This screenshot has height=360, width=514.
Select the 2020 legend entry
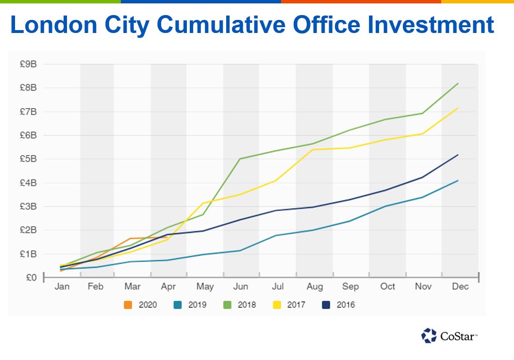(x=141, y=305)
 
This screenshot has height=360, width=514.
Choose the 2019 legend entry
(x=190, y=305)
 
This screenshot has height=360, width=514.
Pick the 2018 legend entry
(x=240, y=305)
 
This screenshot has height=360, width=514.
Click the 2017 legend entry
(x=290, y=305)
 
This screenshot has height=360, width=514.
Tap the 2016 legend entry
(x=339, y=305)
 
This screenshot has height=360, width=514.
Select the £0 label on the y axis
(x=31, y=278)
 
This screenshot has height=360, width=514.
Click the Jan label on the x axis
(x=62, y=287)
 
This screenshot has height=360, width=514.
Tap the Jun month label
(x=241, y=287)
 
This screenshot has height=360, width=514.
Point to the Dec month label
(x=460, y=287)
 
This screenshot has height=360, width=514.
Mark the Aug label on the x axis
(x=315, y=287)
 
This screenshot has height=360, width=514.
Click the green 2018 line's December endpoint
(x=458, y=83)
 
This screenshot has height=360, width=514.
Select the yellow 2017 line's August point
(x=313, y=149)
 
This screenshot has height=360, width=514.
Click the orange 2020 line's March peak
(x=131, y=238)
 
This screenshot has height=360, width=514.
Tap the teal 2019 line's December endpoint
(x=458, y=180)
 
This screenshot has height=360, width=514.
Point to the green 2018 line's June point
(x=240, y=159)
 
